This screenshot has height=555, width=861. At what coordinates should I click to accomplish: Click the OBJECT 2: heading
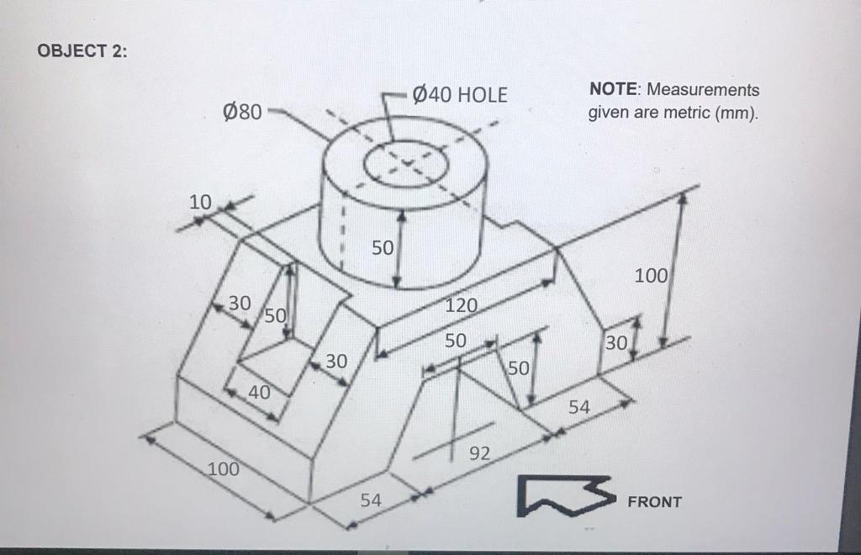[83, 50]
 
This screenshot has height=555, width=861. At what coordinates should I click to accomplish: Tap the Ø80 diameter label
[242, 111]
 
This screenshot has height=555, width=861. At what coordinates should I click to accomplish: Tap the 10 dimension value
[199, 203]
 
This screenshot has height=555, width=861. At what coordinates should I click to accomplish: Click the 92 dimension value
[478, 454]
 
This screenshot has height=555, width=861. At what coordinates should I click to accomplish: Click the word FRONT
[655, 502]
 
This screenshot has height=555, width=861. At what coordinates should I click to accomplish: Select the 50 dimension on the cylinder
[382, 248]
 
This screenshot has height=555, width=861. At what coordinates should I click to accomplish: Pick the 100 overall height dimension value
[651, 275]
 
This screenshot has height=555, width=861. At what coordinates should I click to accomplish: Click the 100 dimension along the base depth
[224, 468]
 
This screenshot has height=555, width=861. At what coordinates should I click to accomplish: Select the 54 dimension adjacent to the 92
[579, 408]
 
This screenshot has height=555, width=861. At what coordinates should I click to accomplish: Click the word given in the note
[607, 112]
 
